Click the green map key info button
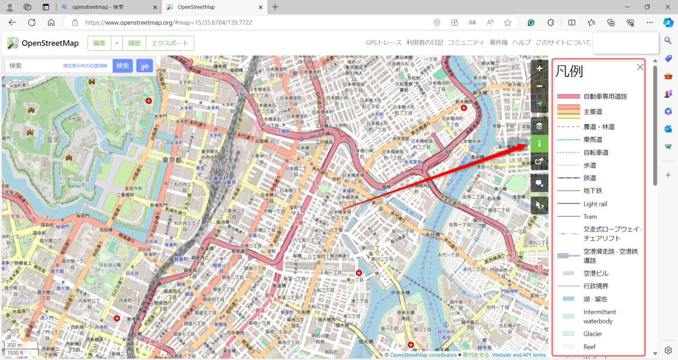pos(539,143)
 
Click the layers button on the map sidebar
pos(539,126)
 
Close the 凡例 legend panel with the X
pos(640,67)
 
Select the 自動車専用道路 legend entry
pos(605,96)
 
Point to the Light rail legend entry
pos(595,204)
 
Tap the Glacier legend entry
pos(592,334)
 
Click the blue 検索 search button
pos(122,66)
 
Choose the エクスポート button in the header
pos(169,43)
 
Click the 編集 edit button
pos(99,43)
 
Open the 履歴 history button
pos(134,43)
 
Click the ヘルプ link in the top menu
pos(521,42)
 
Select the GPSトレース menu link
pos(383,42)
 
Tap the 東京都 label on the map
pos(172,160)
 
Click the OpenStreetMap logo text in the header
pos(50,43)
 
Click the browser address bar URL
pos(168,22)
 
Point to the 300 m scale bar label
pos(14,345)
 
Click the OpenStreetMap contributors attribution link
pos(423,355)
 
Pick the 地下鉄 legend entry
pos(592,191)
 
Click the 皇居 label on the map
pos(53,140)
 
